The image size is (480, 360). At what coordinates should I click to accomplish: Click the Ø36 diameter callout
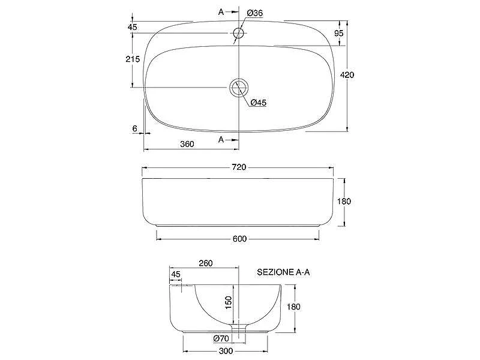coord(254,13)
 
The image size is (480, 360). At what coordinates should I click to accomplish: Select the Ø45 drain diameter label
coord(258,103)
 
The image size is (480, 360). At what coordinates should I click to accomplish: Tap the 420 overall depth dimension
coord(347,74)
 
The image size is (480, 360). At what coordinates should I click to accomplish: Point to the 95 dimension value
coord(338,33)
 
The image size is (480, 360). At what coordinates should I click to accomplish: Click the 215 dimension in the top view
coord(133,59)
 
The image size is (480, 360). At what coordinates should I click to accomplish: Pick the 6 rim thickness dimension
coord(134,128)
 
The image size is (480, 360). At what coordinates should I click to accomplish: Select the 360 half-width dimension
coord(187,144)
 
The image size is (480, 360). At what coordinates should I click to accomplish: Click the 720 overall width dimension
coord(239,167)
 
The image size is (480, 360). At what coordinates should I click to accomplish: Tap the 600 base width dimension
coord(239,239)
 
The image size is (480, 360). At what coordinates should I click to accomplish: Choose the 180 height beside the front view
coord(344,202)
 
